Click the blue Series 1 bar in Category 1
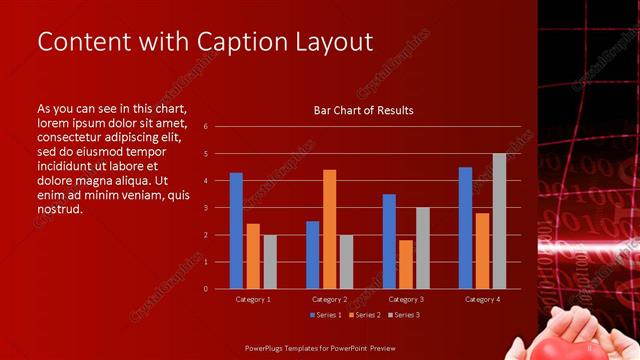236,231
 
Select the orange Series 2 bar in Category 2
329,229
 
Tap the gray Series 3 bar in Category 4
499,221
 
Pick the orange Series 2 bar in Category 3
406,264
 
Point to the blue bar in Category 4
465,228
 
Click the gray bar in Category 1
270,262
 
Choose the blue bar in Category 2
312,255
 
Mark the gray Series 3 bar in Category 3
423,248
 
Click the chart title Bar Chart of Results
357,110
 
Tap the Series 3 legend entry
403,315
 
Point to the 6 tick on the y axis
205,127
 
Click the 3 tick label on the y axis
205,208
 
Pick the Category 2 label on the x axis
329,299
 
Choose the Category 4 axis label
482,299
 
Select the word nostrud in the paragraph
59,210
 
